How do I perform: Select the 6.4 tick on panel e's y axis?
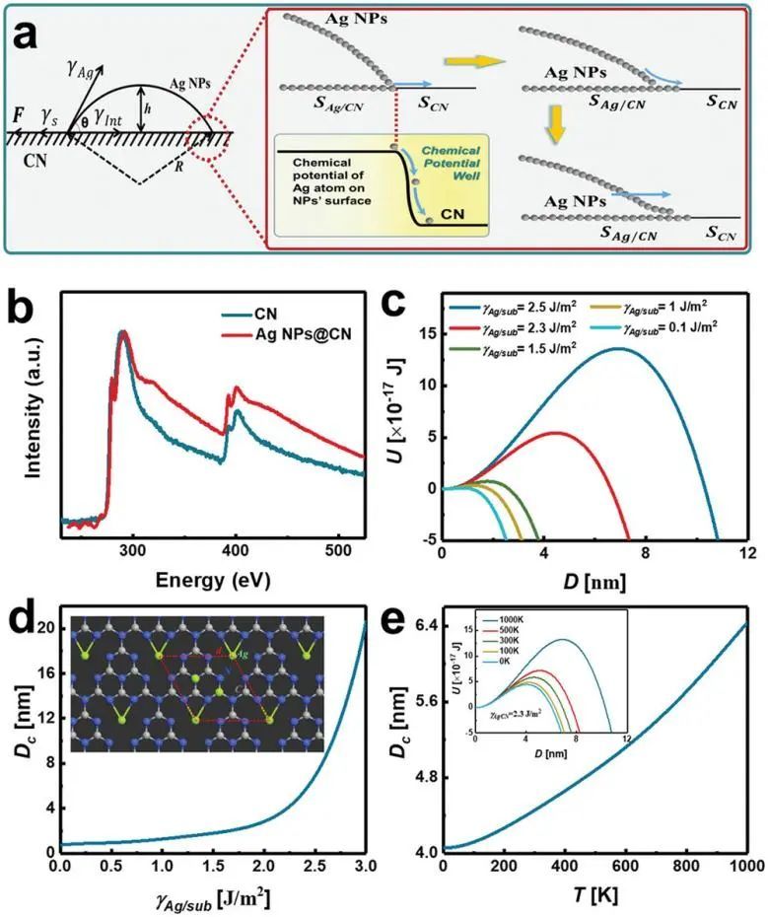420,625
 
